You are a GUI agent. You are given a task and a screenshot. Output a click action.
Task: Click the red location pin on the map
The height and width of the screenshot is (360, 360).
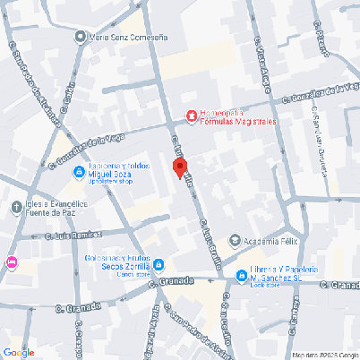(x=179, y=167)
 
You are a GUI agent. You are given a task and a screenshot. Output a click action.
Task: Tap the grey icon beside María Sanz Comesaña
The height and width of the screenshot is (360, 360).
(x=81, y=38)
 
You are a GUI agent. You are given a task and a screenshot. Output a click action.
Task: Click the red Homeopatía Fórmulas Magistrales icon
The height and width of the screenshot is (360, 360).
(x=190, y=115)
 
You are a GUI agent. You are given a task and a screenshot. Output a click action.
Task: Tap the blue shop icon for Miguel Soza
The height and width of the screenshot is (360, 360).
(x=78, y=171)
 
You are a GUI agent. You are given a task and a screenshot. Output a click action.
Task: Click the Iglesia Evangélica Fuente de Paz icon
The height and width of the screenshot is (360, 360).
(x=15, y=208)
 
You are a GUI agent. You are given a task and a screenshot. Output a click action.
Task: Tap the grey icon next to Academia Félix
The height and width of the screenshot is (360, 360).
(x=236, y=240)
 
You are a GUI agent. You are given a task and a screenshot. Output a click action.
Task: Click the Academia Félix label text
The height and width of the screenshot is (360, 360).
(x=271, y=240)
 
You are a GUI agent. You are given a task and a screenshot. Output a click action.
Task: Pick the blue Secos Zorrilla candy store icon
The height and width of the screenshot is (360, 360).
(x=159, y=265)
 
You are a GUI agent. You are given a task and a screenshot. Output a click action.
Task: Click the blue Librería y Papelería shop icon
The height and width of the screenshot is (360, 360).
(x=241, y=276)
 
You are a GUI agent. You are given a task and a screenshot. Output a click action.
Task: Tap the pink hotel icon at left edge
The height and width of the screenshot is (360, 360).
(x=11, y=261)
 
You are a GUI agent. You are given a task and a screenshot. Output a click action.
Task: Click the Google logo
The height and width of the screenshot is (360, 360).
(x=19, y=351)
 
